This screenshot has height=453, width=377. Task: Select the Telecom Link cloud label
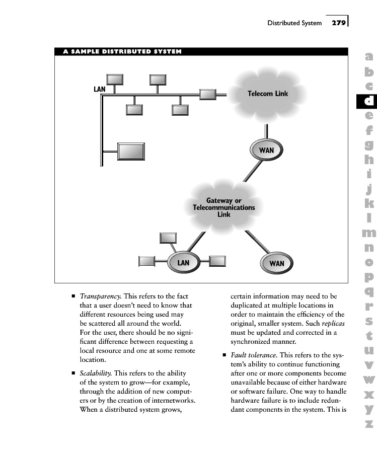(x=268, y=94)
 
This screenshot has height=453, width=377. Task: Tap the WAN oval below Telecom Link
(x=266, y=150)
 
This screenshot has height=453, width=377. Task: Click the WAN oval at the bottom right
(x=276, y=263)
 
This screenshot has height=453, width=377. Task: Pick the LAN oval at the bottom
(x=183, y=262)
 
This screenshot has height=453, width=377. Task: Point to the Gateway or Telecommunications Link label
(x=223, y=207)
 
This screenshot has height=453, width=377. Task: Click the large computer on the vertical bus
(x=131, y=151)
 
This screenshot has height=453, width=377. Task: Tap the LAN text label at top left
(x=100, y=89)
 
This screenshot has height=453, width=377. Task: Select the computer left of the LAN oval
(x=146, y=261)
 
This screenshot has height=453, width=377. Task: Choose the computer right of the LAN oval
(x=217, y=261)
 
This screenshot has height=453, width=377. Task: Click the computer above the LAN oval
(x=168, y=238)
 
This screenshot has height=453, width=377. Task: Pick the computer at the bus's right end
(x=207, y=94)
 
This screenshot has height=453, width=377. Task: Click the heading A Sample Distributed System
(x=122, y=51)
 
